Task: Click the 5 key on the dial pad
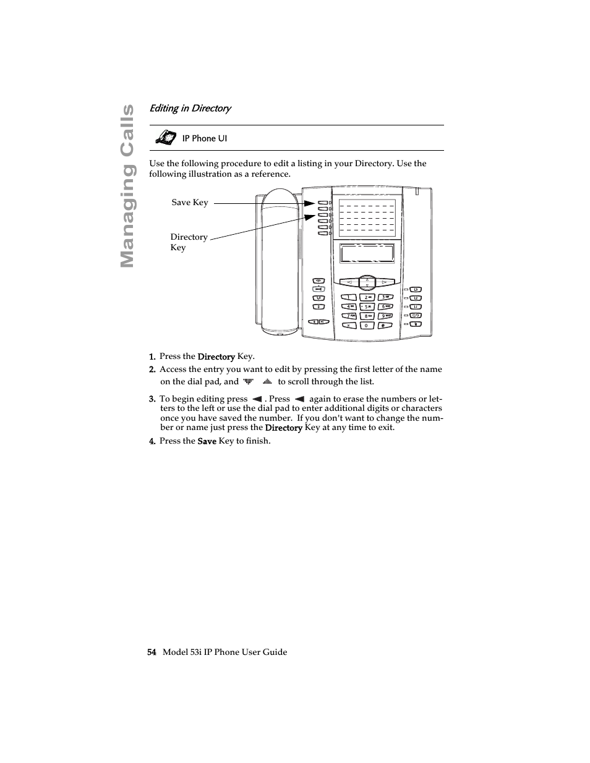click(366, 306)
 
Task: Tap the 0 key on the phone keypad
click(366, 325)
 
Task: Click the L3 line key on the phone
click(416, 289)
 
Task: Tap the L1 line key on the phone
click(416, 306)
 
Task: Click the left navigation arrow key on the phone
click(349, 282)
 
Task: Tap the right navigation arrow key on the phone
click(384, 282)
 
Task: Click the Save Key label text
click(190, 203)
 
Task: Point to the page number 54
click(152, 652)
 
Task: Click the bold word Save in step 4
click(207, 441)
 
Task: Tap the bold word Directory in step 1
click(216, 356)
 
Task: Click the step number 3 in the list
click(152, 399)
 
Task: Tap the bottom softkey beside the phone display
click(323, 234)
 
